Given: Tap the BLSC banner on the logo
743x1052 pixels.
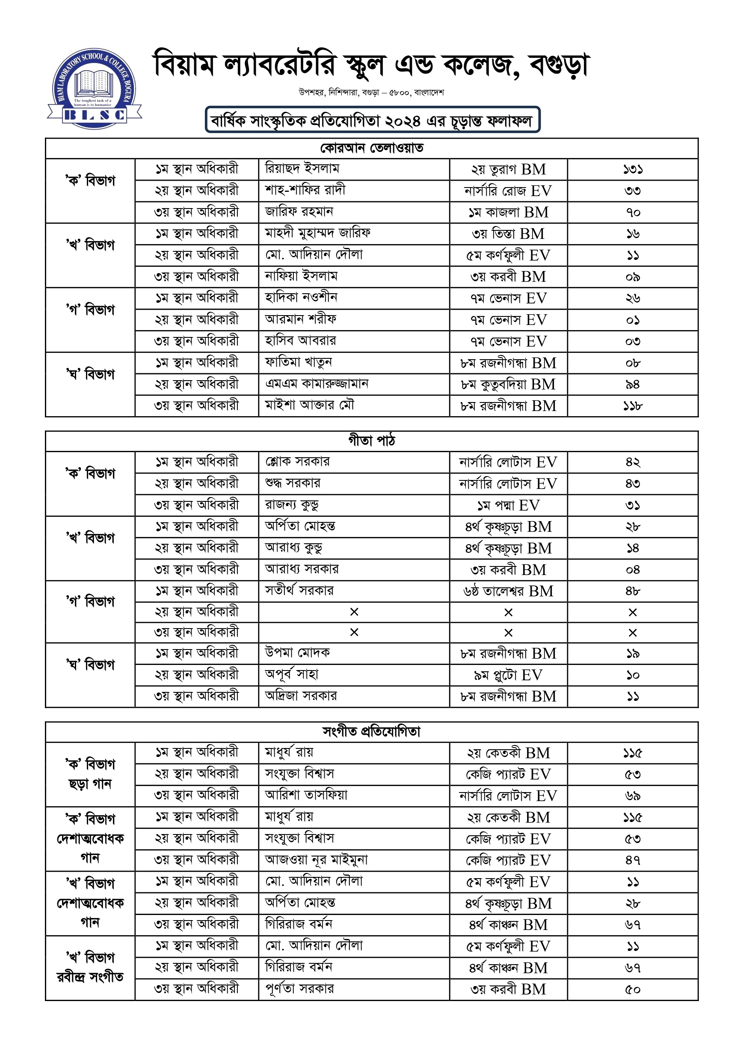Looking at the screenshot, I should point(94,115).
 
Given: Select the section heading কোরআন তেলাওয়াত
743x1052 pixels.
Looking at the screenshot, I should point(371,149).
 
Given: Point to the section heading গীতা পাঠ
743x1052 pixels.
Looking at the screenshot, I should point(371,441).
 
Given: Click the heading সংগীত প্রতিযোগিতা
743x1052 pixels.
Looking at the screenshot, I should point(371,732).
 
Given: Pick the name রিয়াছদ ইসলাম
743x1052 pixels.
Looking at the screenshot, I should point(302,169).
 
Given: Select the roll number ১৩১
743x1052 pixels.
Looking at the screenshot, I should point(633,170).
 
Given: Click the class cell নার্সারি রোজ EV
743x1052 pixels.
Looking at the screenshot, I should point(508,191).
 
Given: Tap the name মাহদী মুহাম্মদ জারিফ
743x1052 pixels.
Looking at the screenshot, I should point(318,233).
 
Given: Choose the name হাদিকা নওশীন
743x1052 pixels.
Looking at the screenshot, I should point(301,298).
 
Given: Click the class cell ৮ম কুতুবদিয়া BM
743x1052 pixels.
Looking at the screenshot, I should point(508,384).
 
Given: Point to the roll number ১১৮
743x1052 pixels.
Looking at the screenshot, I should point(633,406).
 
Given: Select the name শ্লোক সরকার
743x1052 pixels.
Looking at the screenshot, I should point(298,462).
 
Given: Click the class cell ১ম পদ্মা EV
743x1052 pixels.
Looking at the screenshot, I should point(508,505).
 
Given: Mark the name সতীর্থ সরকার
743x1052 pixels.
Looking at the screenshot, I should point(299,590).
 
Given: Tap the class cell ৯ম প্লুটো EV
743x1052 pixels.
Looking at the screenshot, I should point(508,675).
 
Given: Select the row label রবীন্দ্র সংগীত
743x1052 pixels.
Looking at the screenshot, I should point(90,977).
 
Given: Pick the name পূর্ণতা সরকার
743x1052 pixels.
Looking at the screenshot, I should point(299,989).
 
